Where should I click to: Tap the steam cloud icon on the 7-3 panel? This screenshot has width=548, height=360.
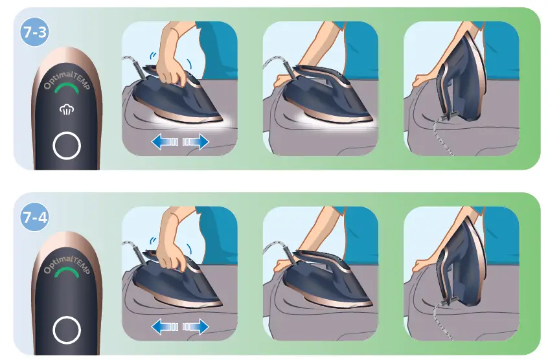66,110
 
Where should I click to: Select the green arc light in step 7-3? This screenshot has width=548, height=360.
65,87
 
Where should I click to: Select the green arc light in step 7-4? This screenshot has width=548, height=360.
65,273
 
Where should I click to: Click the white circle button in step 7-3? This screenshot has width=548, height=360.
66,146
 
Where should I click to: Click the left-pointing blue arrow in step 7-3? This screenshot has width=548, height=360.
162,141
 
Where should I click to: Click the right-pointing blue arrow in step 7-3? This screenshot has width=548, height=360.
196,141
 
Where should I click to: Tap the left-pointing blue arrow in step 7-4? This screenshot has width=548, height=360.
162,326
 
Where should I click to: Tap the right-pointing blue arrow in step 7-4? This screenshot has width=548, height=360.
196,326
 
